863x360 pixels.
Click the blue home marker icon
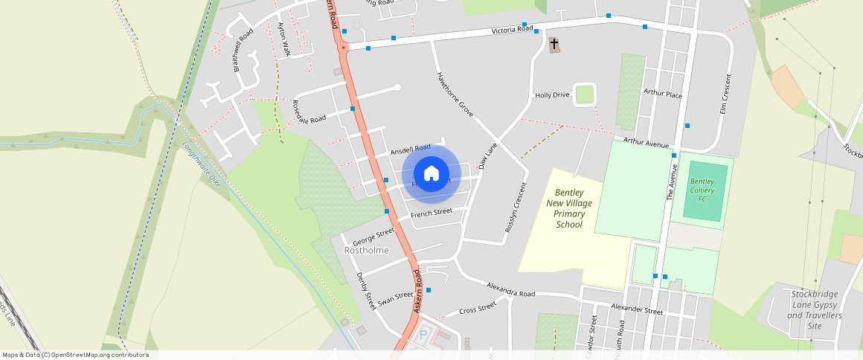[x=431, y=174]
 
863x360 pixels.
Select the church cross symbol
[x=554, y=45]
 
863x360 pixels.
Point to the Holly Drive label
[x=552, y=95]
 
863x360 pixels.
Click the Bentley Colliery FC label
[x=702, y=190]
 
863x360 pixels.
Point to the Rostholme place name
[x=367, y=251]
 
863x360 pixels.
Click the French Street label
[x=431, y=213]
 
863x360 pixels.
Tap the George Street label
[x=373, y=237]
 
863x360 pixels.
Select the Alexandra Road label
[x=510, y=289]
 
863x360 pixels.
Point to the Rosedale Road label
[x=309, y=111]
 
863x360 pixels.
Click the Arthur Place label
[x=662, y=95]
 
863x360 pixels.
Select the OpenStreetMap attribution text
[x=76, y=355]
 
